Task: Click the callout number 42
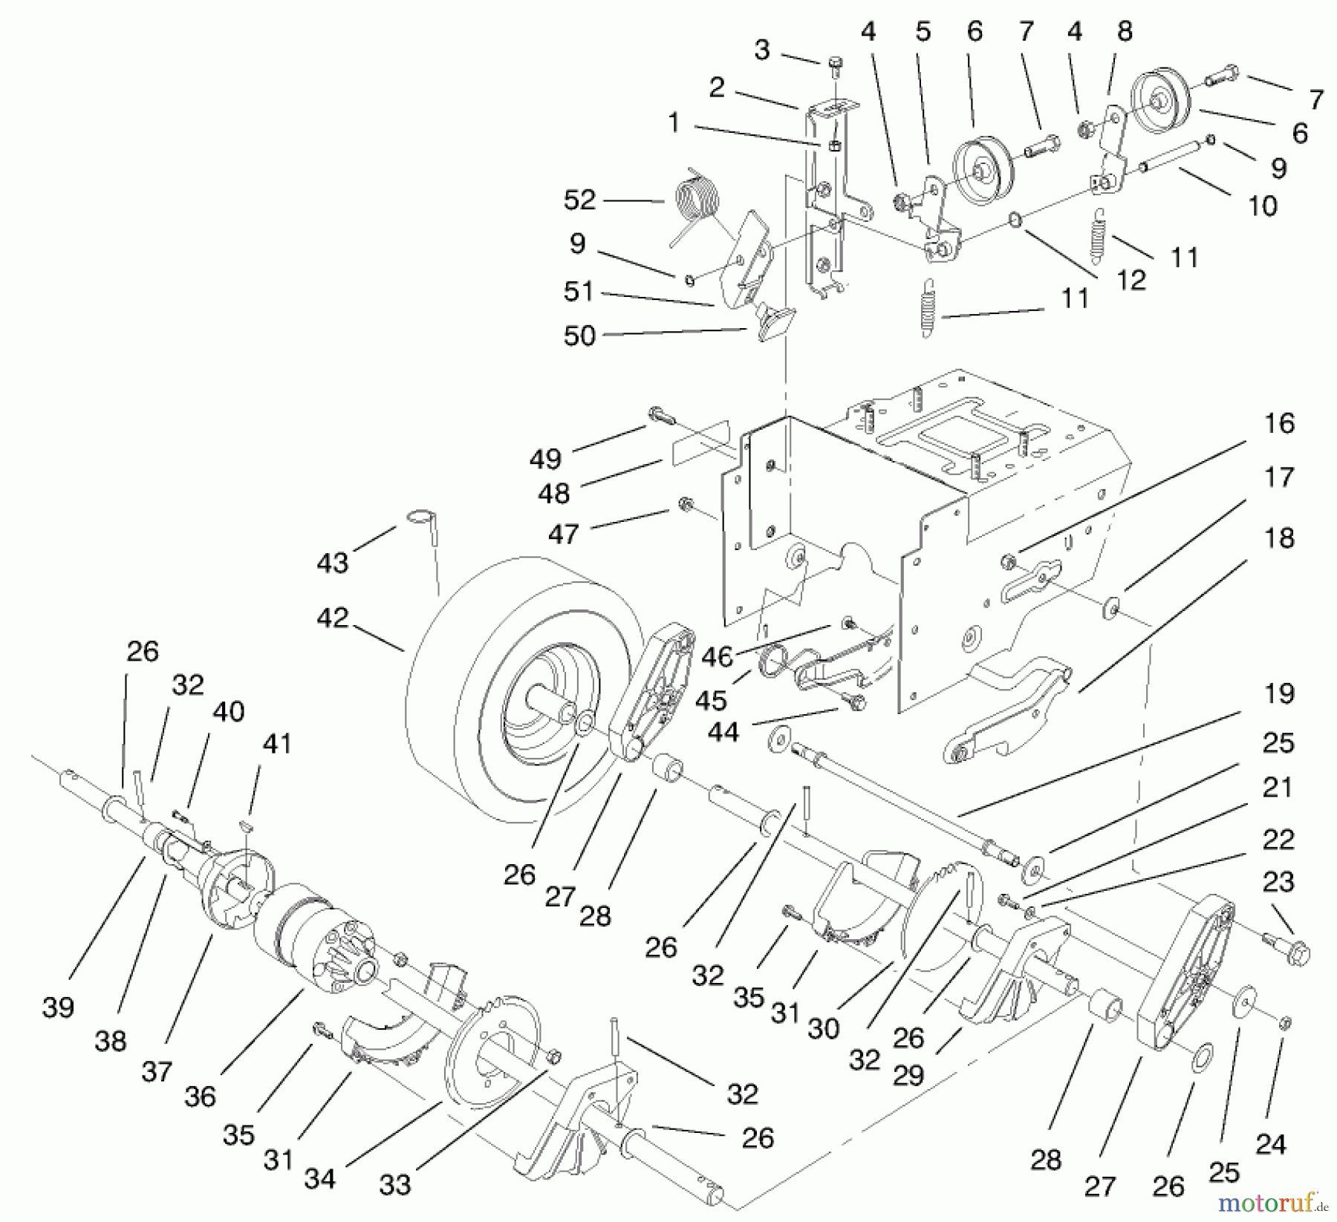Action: point(332,618)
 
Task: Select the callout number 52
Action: point(579,200)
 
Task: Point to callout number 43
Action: point(332,563)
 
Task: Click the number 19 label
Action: point(1278,693)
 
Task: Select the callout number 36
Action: point(200,1096)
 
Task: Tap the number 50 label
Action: point(579,336)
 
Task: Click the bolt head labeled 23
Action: point(1296,953)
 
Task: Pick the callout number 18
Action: point(1278,538)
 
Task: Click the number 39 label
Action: point(58,1007)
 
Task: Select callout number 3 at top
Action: point(761,50)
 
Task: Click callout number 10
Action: point(1262,205)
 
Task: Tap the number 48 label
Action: point(553,493)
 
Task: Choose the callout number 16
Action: point(1278,423)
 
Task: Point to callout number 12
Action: point(1131,279)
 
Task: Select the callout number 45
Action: point(710,699)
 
